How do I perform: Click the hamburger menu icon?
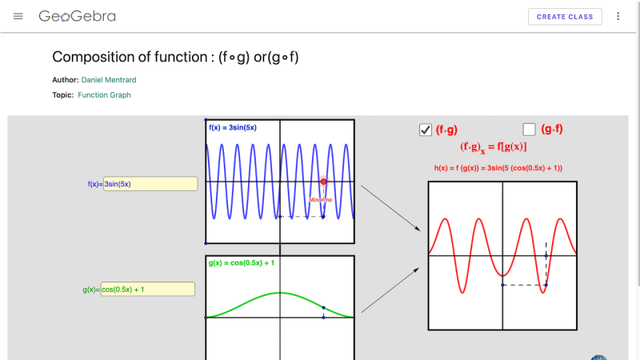click(x=18, y=16)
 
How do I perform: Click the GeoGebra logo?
click(x=78, y=16)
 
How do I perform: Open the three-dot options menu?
click(x=618, y=16)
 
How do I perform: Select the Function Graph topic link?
click(x=104, y=95)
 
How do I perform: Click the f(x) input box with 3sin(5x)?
click(x=150, y=184)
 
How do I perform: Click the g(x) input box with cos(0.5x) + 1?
click(x=148, y=290)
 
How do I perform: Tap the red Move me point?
click(x=323, y=182)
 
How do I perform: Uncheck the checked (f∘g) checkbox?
click(x=426, y=130)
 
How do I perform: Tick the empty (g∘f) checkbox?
click(x=529, y=130)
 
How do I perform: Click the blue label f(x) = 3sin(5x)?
click(x=233, y=127)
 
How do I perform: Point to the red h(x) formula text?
click(x=498, y=168)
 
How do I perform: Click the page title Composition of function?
click(x=175, y=57)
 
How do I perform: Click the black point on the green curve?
click(x=322, y=308)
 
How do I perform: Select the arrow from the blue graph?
click(x=390, y=209)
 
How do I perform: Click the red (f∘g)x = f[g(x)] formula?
click(x=493, y=147)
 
